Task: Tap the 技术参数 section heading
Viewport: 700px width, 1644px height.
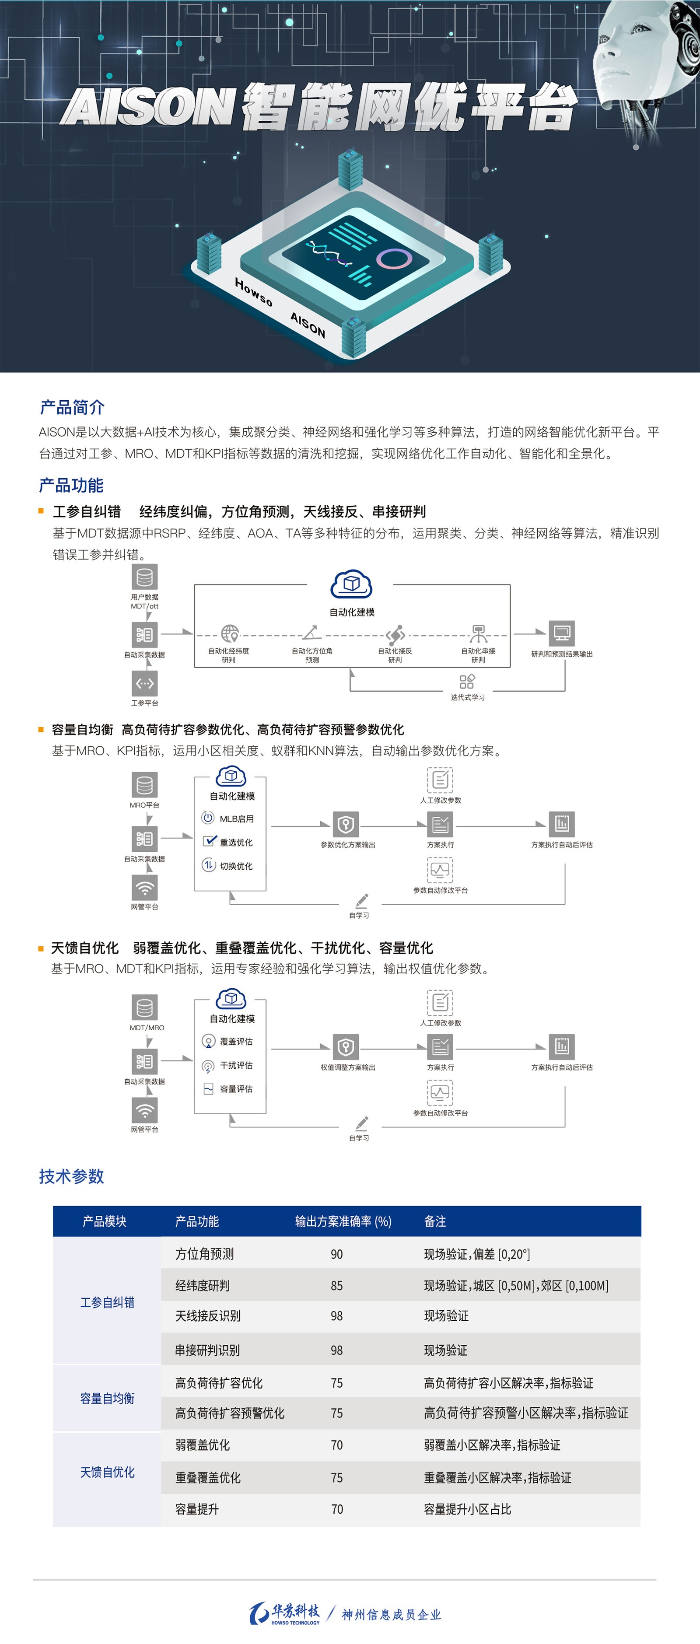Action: [71, 1176]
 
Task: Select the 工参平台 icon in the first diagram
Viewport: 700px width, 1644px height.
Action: [145, 683]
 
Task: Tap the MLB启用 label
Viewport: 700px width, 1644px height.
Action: [236, 819]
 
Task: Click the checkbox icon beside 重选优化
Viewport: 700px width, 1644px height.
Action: [209, 841]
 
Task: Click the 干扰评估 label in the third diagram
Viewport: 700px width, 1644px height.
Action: [236, 1065]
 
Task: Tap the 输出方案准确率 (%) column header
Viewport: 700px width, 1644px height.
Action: [343, 1221]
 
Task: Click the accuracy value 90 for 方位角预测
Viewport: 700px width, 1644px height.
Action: [336, 1254]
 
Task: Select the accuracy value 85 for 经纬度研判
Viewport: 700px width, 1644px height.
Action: [336, 1285]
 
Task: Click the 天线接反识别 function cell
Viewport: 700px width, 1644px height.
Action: [208, 1316]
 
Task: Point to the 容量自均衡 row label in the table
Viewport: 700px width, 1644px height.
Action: [107, 1398]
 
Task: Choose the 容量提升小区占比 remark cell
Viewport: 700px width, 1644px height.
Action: [467, 1509]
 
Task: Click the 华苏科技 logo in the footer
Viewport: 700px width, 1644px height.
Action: [285, 1613]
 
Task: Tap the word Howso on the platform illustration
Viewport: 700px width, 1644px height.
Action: [254, 292]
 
